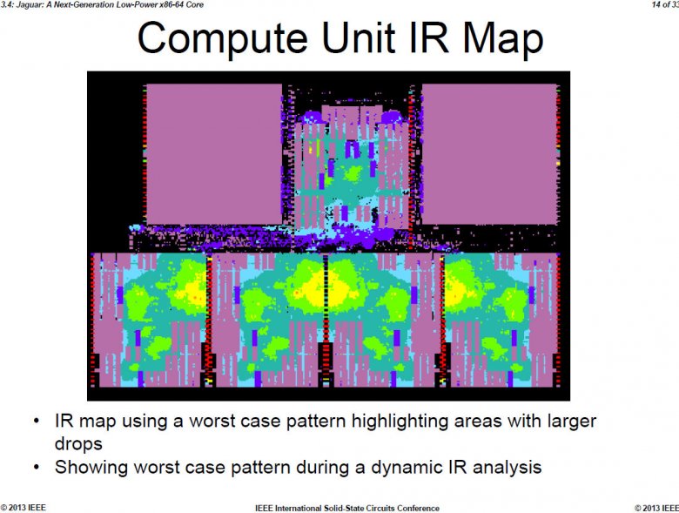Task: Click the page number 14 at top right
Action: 655,5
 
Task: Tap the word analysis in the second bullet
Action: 499,467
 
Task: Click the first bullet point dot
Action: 36,422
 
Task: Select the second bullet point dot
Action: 36,468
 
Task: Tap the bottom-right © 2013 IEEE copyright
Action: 655,508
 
